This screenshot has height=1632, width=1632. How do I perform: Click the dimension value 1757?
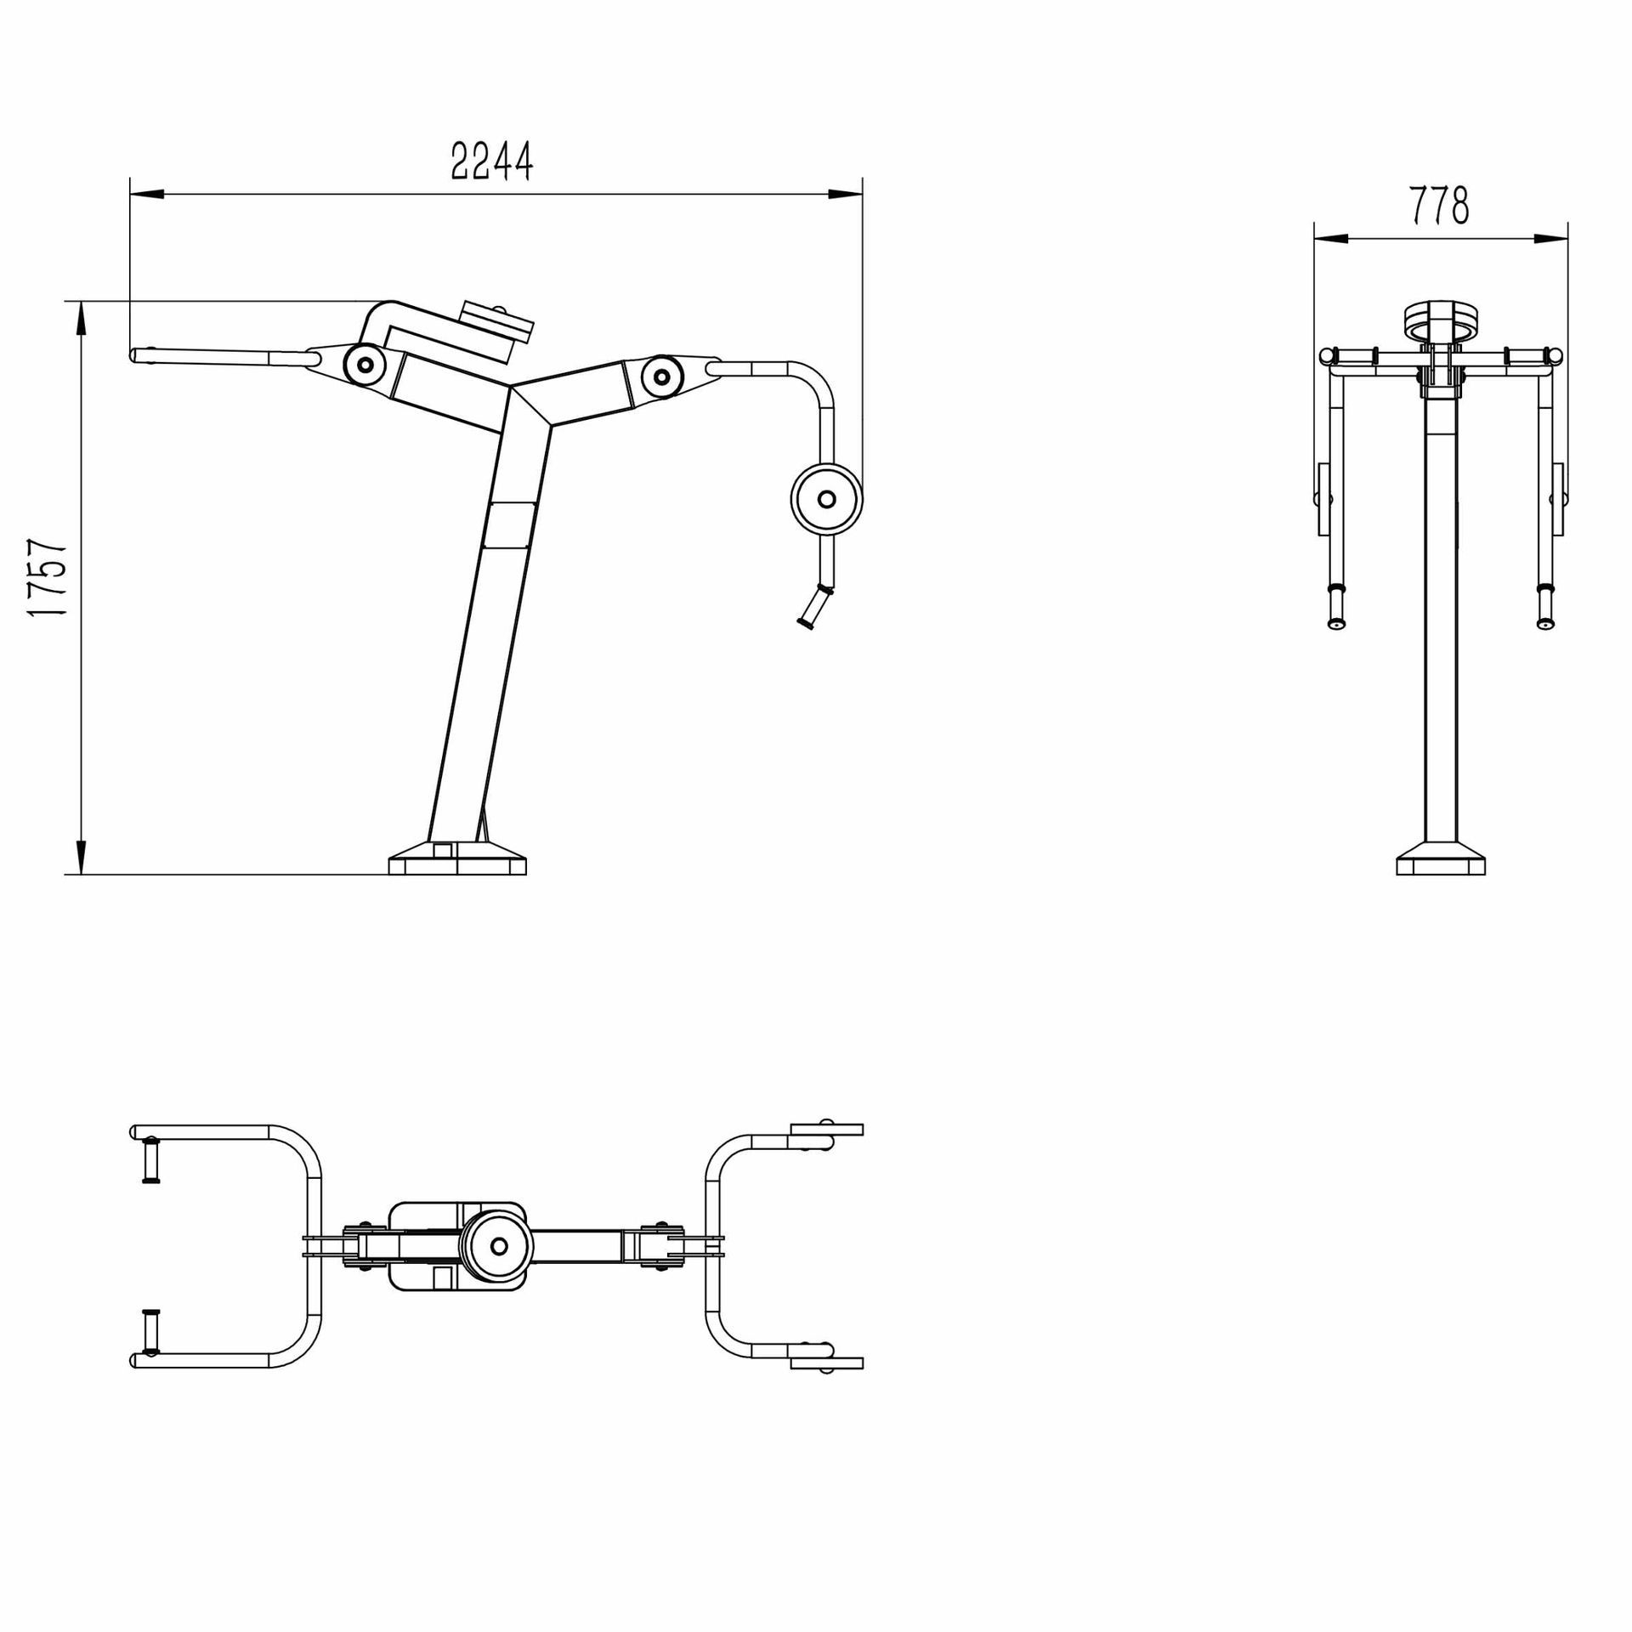point(48,578)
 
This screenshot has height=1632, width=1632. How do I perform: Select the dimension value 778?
point(1439,206)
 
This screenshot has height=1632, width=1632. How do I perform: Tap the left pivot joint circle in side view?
point(365,365)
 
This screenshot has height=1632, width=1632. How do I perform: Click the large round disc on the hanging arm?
point(826,499)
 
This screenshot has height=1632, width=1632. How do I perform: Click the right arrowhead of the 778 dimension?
point(1552,239)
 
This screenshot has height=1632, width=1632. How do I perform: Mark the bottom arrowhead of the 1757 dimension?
point(82,857)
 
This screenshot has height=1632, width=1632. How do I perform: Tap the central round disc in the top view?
point(498,1246)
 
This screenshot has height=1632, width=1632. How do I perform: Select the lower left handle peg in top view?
point(151,1333)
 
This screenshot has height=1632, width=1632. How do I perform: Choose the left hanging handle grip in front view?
point(1336,607)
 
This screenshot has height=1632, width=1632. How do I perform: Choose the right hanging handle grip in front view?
point(1545,607)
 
